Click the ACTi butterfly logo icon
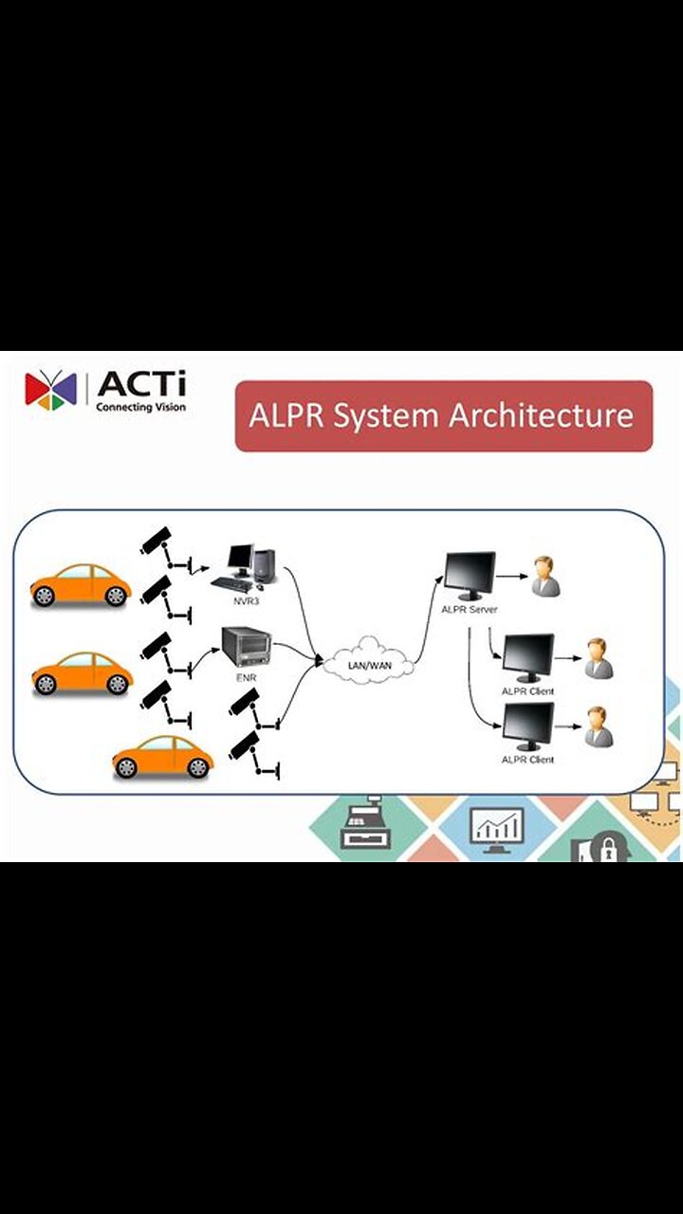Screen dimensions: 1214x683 (x=50, y=390)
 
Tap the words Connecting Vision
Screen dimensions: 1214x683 (x=140, y=407)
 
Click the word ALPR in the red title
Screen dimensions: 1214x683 (x=282, y=415)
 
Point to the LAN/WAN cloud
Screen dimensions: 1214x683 (x=369, y=663)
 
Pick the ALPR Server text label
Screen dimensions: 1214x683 (x=470, y=609)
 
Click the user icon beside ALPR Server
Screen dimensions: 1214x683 (x=545, y=576)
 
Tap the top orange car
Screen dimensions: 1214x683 (x=80, y=584)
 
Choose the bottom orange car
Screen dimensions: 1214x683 (x=162, y=757)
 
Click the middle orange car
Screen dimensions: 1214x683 (x=82, y=672)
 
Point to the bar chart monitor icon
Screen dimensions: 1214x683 (x=498, y=827)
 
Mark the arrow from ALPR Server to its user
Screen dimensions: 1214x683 (x=509, y=576)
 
